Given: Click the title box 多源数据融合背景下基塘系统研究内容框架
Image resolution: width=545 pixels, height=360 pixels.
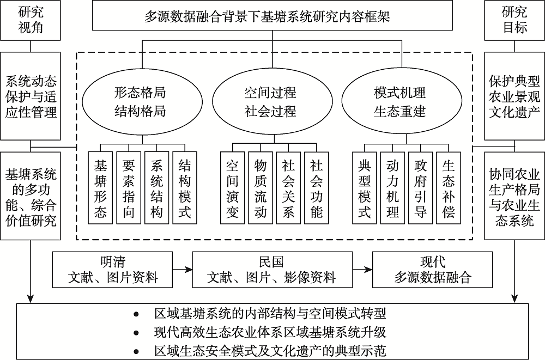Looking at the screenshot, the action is coord(272,15).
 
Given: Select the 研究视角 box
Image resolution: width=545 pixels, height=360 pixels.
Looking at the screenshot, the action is coord(30,20).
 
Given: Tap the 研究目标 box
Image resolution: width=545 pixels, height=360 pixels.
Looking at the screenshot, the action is coord(514,20).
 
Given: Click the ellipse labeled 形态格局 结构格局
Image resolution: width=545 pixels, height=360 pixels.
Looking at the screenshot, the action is coord(142,102).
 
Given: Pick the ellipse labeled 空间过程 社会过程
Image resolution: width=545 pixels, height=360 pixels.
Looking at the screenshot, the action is coord(272,102).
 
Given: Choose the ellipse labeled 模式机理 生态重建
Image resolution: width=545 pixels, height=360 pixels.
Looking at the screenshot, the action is coord(402,102).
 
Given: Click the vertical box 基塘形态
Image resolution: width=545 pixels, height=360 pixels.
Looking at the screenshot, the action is coord(100,188).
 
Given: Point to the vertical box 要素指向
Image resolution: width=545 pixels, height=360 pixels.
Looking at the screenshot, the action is coord(129,188).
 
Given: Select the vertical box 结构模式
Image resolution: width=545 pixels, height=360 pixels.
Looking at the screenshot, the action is coord(185,188).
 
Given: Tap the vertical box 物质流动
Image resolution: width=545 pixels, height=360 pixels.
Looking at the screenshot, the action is coord(261,188).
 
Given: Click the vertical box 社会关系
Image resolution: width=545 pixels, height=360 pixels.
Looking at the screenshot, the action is coord(288,188).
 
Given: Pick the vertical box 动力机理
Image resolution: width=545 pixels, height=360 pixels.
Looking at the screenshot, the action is coord(392,188).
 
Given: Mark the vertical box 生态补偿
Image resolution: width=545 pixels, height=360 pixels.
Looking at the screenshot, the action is coord(449,188).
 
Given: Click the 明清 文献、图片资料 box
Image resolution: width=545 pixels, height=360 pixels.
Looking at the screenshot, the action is coord(112,270).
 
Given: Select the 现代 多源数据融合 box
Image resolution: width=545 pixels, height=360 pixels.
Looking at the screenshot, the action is coord(432,270).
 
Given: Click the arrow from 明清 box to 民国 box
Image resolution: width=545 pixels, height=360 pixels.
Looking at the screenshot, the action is coord(183,269).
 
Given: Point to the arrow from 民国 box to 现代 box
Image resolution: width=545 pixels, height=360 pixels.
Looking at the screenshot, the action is coord(362,269).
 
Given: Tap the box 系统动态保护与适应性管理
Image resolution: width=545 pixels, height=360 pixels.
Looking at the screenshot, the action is coord(30,96).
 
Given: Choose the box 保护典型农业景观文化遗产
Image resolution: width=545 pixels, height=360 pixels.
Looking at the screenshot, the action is coord(514,96).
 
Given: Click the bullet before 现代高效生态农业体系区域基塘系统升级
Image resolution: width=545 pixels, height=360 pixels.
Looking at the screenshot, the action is coord(136,333).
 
